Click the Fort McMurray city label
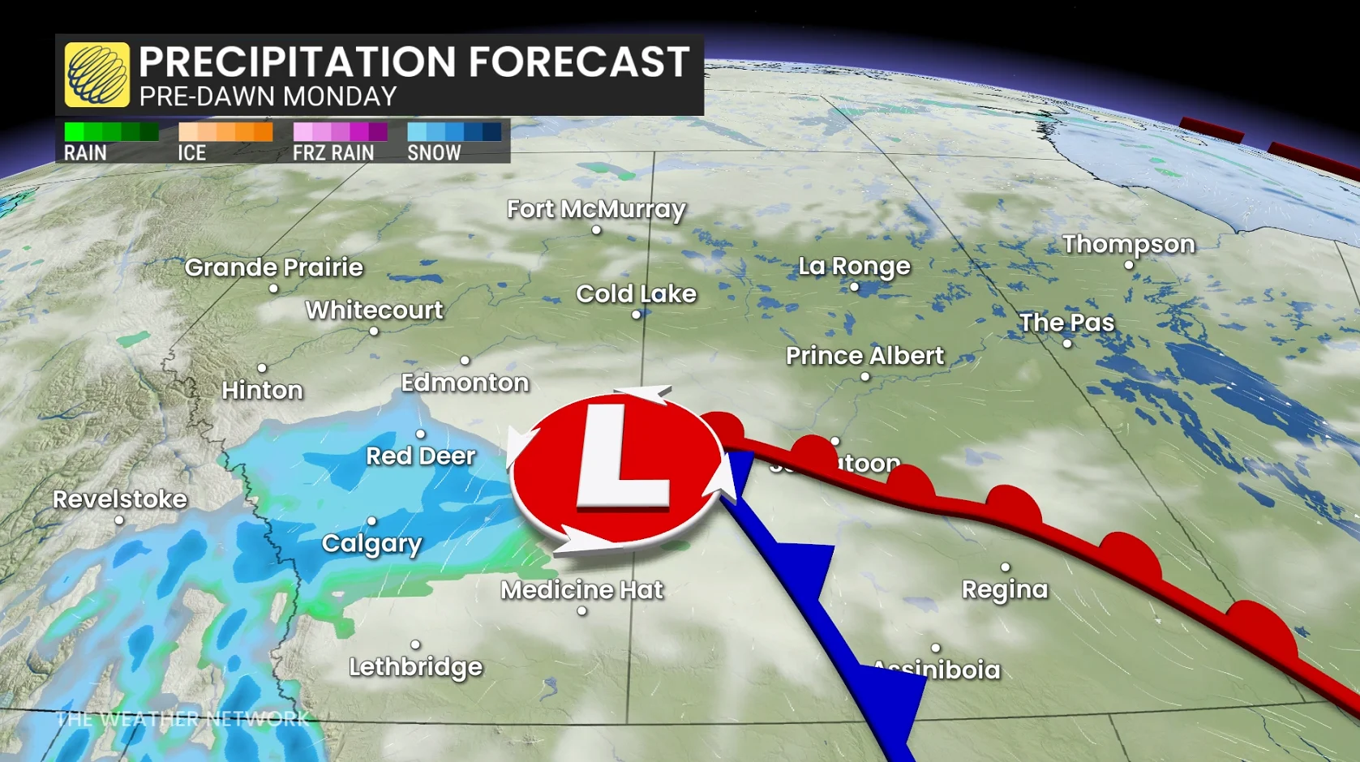[x=596, y=209]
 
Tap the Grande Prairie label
[x=273, y=268]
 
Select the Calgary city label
[x=371, y=543]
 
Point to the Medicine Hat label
[x=581, y=589]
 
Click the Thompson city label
[x=1128, y=244]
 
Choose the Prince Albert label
[x=864, y=355]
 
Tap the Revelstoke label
[x=120, y=499]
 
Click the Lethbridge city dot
[x=415, y=644]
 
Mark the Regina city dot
[x=1006, y=567]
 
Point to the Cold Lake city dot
[x=637, y=315]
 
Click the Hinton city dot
[x=262, y=368]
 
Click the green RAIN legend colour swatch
[x=111, y=132]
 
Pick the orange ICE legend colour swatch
[x=225, y=132]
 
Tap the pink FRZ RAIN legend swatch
[x=340, y=132]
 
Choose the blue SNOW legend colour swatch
[x=454, y=132]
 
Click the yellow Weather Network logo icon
[x=97, y=75]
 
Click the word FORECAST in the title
[x=578, y=62]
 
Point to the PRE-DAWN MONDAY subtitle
[x=268, y=96]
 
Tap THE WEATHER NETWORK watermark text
[x=182, y=718]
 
